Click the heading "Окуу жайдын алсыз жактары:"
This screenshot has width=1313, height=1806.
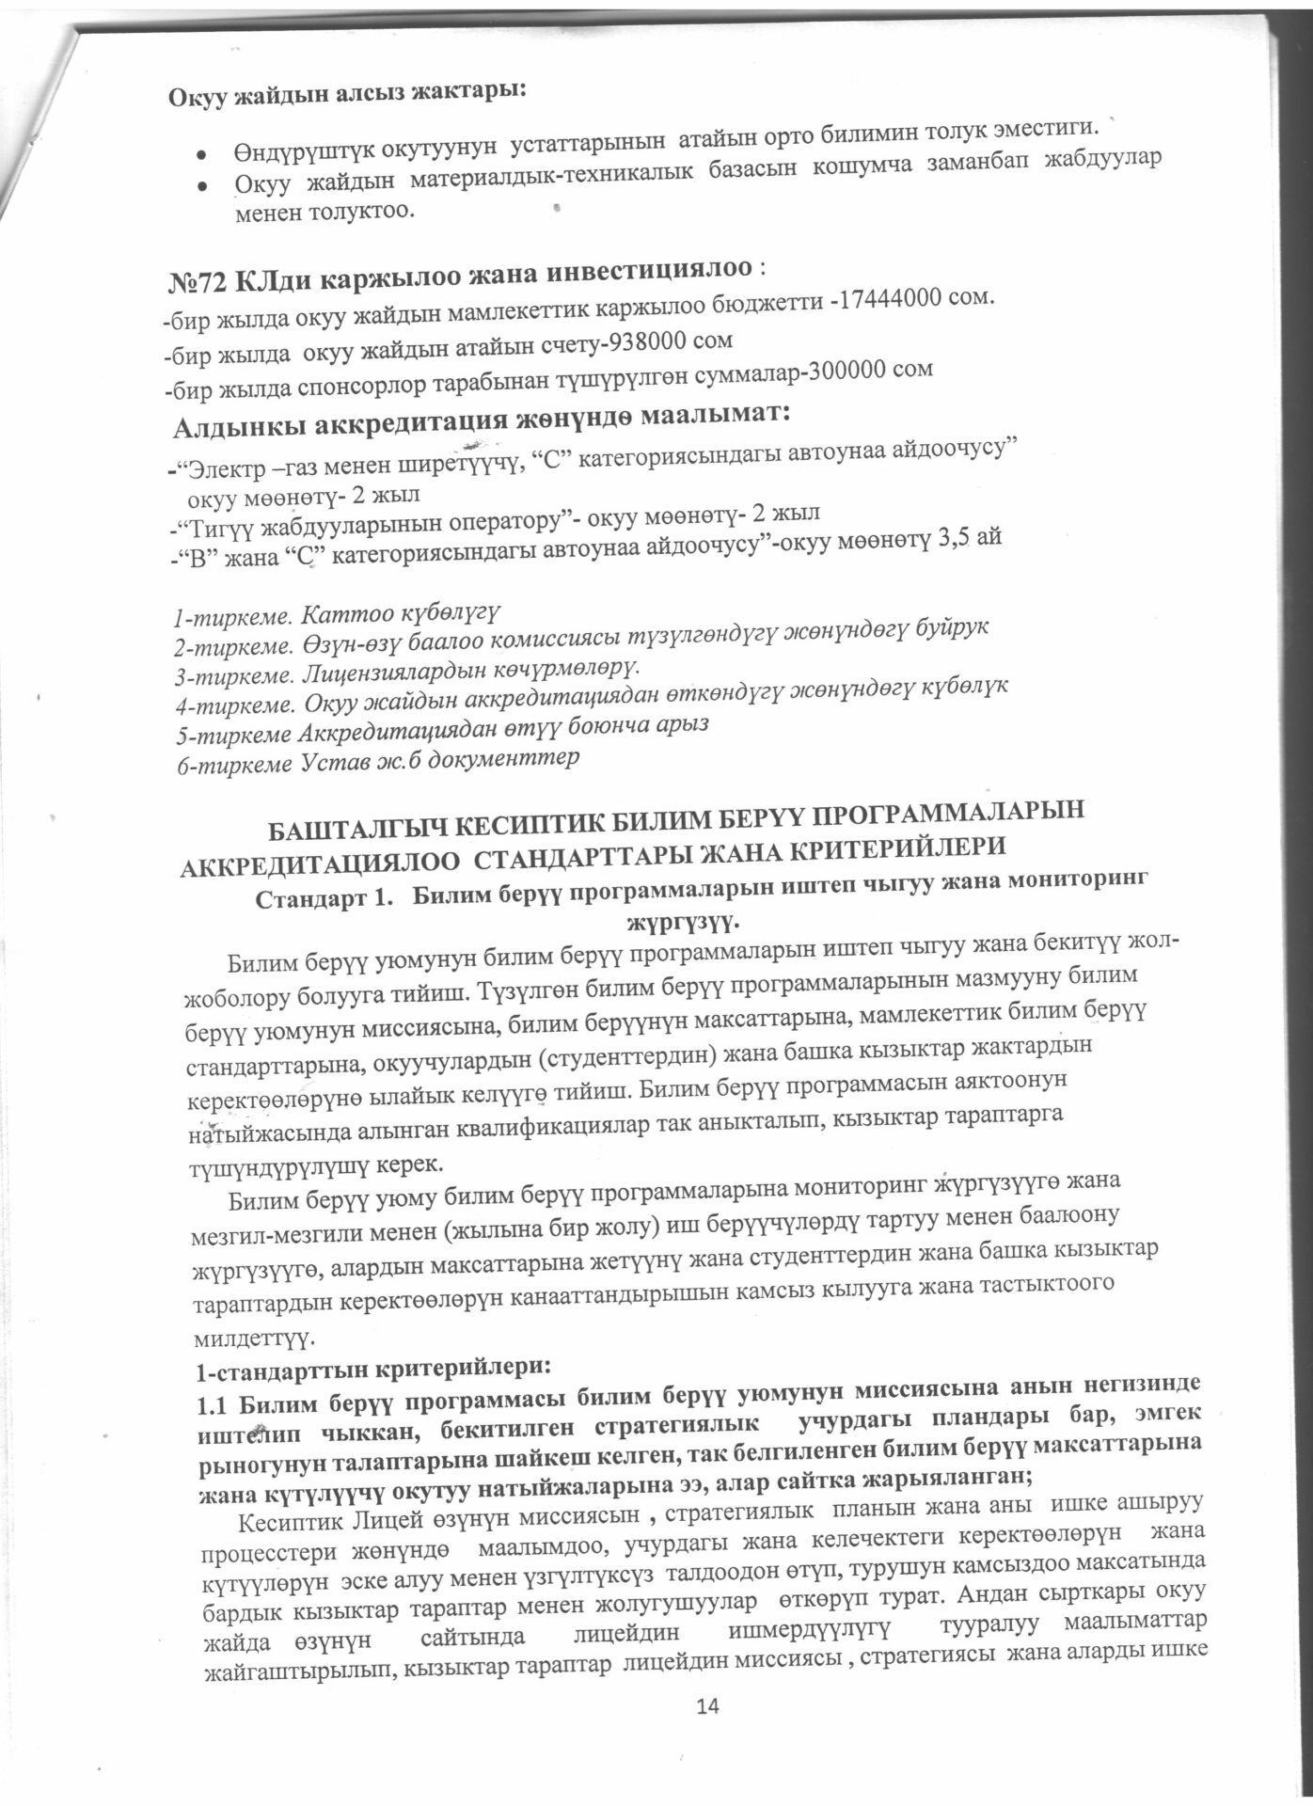click(x=348, y=93)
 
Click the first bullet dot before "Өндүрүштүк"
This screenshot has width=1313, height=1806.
click(x=200, y=151)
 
